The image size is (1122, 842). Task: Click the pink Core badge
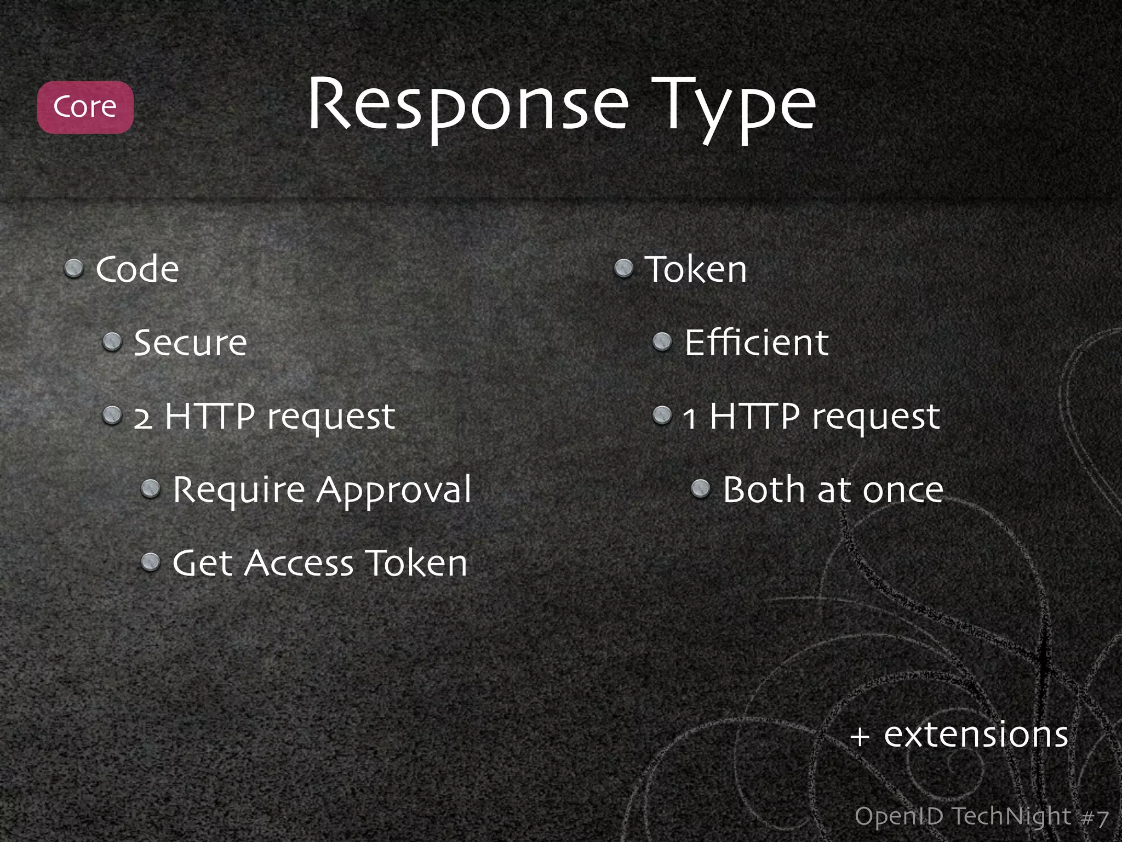(x=85, y=107)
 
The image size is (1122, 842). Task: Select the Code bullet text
(x=137, y=270)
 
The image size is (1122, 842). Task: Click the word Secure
(x=190, y=343)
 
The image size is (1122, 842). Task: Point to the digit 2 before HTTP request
(x=143, y=418)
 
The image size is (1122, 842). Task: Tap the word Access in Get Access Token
(x=299, y=564)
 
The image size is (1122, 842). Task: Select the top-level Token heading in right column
(x=696, y=270)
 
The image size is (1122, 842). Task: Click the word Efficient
(x=756, y=343)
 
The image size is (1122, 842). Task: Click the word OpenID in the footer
(x=898, y=817)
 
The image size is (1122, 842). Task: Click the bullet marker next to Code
(x=73, y=269)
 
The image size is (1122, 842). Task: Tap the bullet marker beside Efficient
(x=662, y=342)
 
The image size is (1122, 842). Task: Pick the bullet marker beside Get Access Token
(x=150, y=562)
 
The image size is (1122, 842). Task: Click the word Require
(x=239, y=491)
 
